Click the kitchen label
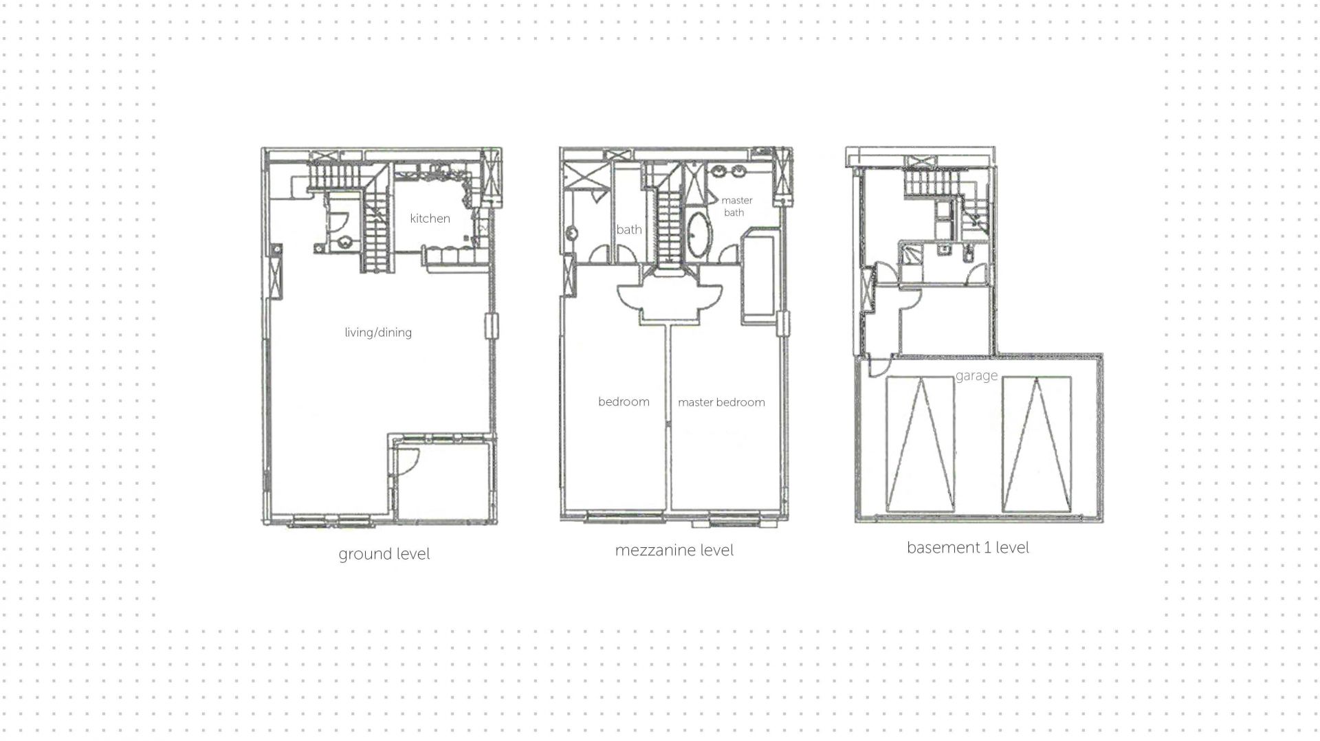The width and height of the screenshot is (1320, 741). coord(430,219)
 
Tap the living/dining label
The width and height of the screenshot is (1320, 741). coord(378,333)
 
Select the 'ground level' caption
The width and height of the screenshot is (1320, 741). coord(384,554)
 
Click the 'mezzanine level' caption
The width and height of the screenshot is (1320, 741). coord(674,550)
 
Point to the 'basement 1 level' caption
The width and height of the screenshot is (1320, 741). coord(968,547)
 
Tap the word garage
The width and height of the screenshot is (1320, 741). coord(976,376)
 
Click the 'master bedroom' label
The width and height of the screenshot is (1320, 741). coord(721,402)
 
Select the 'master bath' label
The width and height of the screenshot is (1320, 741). coord(736,206)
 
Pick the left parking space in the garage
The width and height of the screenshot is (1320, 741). coord(920,444)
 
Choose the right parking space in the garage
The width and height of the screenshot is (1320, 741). coord(1037,444)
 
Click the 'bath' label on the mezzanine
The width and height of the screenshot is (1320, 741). coord(629,230)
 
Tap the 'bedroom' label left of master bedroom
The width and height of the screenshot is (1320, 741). coord(624,401)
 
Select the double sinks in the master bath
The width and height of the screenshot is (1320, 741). coord(729,170)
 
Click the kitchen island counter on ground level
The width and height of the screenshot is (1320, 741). coord(450,256)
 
